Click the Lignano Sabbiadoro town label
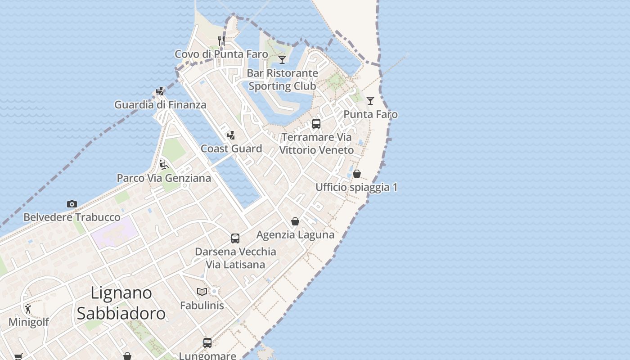click(121, 303)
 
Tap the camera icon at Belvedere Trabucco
click(72, 204)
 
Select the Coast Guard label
click(231, 148)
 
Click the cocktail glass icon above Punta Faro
click(370, 101)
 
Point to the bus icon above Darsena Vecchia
click(235, 238)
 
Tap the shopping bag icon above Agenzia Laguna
click(295, 221)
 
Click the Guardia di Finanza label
click(160, 105)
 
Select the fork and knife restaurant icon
click(221, 41)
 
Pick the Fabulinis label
click(202, 306)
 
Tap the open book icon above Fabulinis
click(202, 292)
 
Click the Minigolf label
click(29, 322)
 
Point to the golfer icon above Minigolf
click(28, 309)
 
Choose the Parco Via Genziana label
click(164, 178)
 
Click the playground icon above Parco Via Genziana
click(164, 165)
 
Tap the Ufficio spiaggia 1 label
click(356, 187)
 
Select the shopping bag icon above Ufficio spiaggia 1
click(357, 174)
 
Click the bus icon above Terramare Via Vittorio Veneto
click(316, 124)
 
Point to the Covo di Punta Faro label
click(221, 54)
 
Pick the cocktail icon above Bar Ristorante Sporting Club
click(282, 59)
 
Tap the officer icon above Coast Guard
click(231, 135)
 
